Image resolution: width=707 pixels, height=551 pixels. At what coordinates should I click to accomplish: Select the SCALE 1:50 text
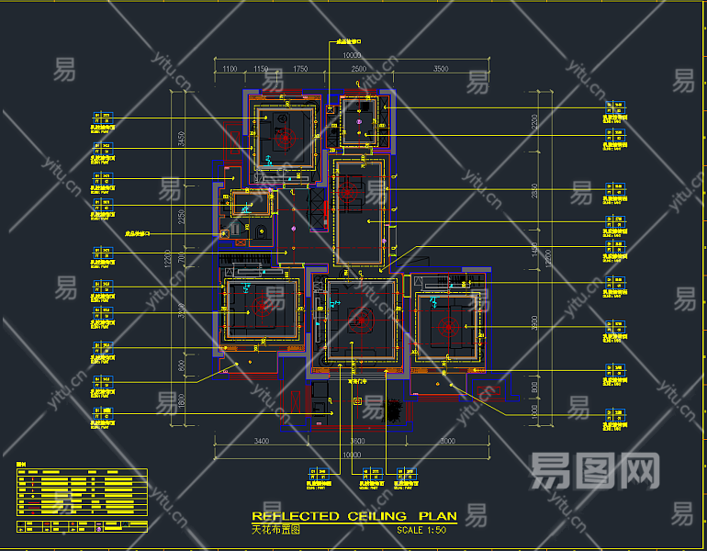click(421, 530)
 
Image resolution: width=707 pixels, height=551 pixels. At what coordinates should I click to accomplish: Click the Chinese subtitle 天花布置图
click(276, 530)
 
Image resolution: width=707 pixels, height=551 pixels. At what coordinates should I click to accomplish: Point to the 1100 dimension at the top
click(229, 69)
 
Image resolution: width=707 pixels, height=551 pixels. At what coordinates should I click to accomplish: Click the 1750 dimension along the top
click(300, 69)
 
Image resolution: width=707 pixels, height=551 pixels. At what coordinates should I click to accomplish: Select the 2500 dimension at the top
click(358, 69)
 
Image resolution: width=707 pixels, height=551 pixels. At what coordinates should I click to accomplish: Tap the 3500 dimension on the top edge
click(441, 69)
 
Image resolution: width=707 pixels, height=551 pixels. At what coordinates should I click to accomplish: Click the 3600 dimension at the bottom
click(358, 443)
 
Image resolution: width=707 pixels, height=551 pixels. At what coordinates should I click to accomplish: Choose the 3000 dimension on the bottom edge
click(447, 443)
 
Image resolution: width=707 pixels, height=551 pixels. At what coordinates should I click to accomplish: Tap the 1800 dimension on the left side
click(182, 400)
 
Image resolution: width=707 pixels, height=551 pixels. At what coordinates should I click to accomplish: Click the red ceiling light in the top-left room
click(283, 138)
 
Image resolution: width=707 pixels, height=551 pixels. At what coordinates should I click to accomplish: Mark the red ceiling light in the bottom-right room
click(448, 326)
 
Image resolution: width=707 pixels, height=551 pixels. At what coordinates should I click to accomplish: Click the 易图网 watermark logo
click(595, 471)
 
